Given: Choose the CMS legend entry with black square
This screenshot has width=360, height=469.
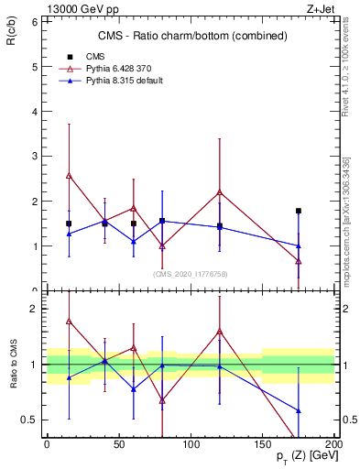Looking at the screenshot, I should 75,56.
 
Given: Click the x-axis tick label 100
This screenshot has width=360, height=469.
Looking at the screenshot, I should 191,444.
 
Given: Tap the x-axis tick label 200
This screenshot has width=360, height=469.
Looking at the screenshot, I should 333,444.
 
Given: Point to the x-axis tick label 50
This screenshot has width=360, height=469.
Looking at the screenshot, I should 118,444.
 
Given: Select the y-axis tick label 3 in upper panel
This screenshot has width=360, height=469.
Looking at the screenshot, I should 34,157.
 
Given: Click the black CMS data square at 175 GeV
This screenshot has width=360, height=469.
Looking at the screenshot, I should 299,211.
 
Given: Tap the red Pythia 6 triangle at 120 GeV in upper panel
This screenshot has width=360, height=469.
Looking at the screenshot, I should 219,192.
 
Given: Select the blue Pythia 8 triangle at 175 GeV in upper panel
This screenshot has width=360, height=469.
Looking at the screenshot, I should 299,245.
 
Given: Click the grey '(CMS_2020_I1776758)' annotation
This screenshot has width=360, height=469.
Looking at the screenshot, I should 191,273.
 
